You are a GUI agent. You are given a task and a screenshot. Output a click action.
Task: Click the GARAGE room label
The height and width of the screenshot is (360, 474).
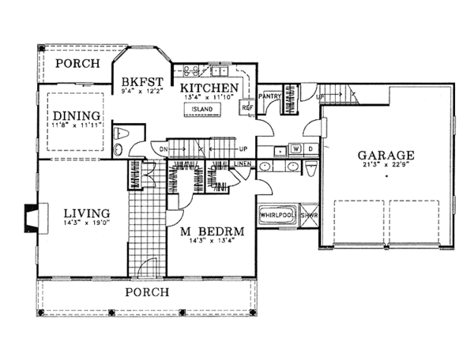(386, 155)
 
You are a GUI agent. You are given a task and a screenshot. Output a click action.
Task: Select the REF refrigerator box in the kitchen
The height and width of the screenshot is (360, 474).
(246, 107)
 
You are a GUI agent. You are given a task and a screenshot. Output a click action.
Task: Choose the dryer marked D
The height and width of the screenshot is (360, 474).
(310, 148)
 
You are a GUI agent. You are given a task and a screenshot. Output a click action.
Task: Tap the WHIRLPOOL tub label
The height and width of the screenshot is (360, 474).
(276, 214)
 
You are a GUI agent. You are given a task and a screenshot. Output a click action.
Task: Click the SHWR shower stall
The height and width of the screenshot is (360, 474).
(308, 214)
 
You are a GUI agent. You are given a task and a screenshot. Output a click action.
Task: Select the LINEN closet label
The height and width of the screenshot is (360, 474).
(243, 163)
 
